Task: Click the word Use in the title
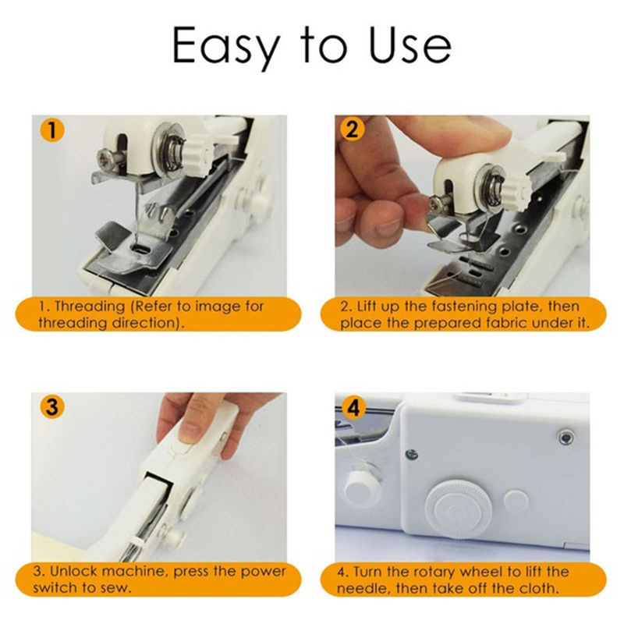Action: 410,44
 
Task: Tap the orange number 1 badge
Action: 52,129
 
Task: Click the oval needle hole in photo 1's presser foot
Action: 140,248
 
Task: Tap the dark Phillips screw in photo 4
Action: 412,454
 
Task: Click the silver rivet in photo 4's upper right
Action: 565,438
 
